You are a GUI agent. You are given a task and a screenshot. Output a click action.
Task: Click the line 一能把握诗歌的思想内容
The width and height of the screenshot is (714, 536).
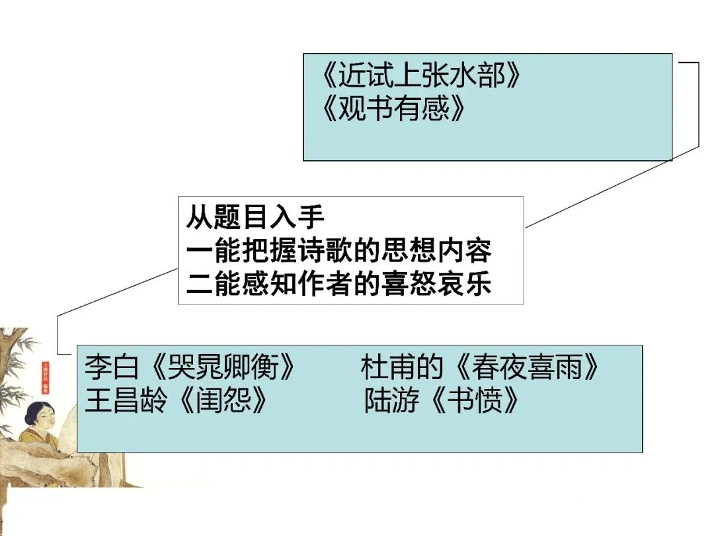tap(339, 251)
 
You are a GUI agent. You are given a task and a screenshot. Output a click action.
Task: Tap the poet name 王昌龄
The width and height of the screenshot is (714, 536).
tap(126, 400)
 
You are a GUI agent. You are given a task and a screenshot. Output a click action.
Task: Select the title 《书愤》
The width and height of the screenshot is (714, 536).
tap(473, 400)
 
